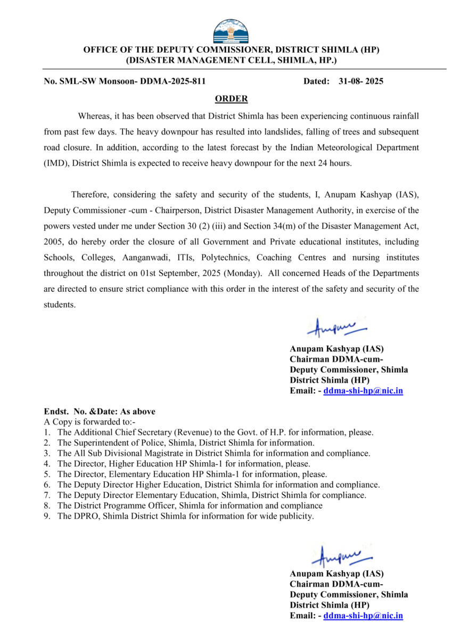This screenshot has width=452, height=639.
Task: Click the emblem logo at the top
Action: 231,31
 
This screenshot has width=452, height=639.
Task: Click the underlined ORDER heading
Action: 231,99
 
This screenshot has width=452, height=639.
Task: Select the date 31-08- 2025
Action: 360,81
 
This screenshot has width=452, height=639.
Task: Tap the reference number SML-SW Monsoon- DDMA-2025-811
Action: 125,81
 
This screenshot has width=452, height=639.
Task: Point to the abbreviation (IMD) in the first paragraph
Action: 56,163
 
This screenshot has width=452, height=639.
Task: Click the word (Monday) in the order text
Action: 243,273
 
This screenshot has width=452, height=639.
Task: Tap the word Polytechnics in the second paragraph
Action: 225,257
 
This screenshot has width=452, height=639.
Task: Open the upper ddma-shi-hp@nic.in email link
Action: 363,390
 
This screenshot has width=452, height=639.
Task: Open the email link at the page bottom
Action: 363,616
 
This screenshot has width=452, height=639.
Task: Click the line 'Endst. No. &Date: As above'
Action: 100,412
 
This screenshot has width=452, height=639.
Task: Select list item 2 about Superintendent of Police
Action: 186,443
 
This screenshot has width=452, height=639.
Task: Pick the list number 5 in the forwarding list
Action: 47,474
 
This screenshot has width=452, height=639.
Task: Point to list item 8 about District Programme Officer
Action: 190,505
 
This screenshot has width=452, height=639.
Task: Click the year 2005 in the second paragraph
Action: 54,241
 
